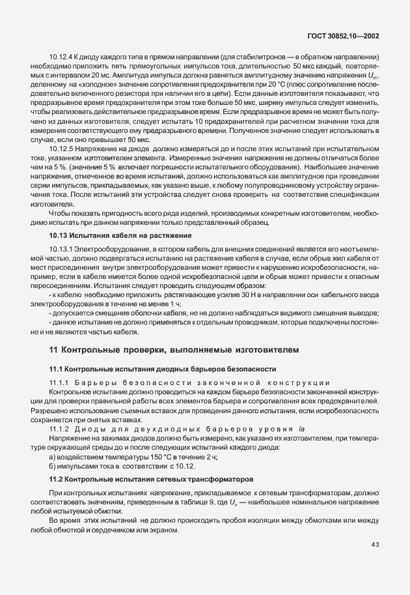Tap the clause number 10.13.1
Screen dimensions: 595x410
(62, 249)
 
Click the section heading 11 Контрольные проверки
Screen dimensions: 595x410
(174, 349)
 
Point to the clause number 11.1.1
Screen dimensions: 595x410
(59, 382)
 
